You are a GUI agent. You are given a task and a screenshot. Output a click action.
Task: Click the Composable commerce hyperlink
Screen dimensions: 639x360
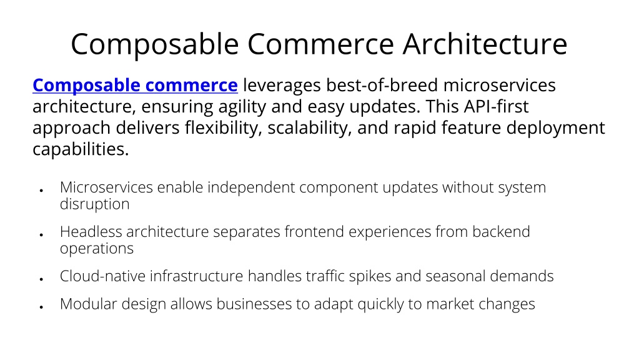coord(135,86)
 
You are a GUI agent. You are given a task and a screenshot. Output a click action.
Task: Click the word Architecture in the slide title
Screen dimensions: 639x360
coord(485,44)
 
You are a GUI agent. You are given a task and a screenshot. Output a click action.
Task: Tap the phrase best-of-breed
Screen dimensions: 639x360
coord(382,85)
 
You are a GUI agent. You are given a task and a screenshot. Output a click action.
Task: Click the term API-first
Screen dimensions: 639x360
coord(496,106)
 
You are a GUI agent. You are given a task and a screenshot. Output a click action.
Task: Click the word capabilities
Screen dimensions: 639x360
coord(81,149)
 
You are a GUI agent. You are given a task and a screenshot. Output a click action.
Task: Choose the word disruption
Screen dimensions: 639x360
coord(94,204)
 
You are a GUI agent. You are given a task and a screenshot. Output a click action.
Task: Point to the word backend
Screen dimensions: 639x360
coord(501,232)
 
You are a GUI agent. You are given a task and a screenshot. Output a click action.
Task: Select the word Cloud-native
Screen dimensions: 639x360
coord(102,276)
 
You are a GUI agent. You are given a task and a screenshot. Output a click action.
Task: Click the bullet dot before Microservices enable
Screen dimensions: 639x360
coord(42,191)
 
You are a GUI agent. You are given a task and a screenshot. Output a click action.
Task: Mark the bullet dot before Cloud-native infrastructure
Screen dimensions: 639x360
coord(42,279)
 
